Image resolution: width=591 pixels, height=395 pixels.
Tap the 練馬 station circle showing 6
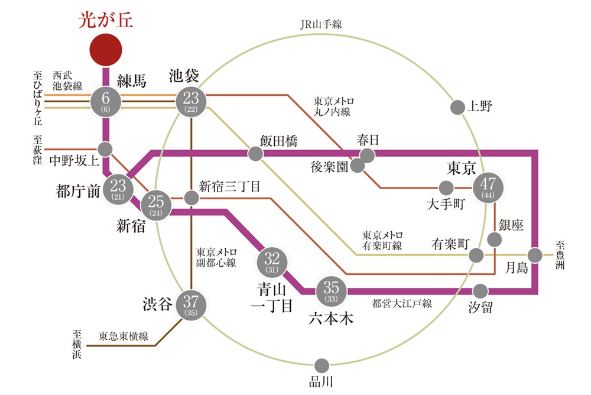(x=106, y=102)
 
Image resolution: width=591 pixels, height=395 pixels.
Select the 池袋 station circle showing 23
(x=191, y=102)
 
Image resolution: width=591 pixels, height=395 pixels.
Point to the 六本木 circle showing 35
(x=332, y=290)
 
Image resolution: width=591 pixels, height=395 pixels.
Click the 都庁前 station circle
(x=118, y=189)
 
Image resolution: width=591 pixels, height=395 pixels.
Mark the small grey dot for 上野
(x=457, y=108)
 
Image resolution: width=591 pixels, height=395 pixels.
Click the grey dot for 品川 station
(x=322, y=365)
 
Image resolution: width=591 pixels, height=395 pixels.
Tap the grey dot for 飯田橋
(x=255, y=154)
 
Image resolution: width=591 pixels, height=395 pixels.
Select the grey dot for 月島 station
(x=534, y=255)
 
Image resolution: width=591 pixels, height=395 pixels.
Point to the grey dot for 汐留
(x=481, y=291)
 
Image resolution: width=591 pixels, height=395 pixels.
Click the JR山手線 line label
(x=321, y=24)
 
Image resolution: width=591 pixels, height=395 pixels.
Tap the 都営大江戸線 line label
(x=402, y=304)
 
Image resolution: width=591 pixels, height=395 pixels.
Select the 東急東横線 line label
(x=124, y=336)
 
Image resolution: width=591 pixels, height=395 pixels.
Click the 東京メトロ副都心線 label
(x=216, y=257)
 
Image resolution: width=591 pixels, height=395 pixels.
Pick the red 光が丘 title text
(x=106, y=20)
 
